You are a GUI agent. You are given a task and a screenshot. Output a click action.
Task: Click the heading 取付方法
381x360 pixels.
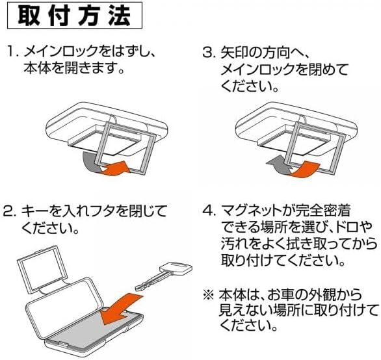pyautogui.click(x=75, y=16)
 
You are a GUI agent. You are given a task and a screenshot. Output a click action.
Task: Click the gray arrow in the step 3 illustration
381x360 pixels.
pyautogui.click(x=280, y=166)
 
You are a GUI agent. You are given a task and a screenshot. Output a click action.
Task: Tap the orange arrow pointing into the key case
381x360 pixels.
pyautogui.click(x=122, y=309)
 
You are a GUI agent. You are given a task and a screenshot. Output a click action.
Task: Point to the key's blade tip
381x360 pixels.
pyautogui.click(x=137, y=288)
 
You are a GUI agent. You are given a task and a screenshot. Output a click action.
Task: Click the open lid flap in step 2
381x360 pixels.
pyautogui.click(x=41, y=270)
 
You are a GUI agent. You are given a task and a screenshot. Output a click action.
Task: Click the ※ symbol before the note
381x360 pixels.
pyautogui.click(x=209, y=295)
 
